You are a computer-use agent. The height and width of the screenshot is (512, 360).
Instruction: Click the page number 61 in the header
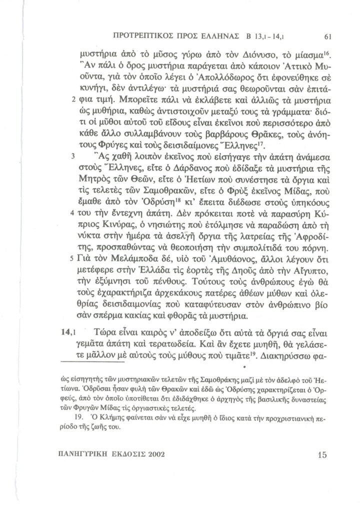pos(328,36)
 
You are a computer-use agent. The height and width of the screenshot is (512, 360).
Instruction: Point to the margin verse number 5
pos(73,259)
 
